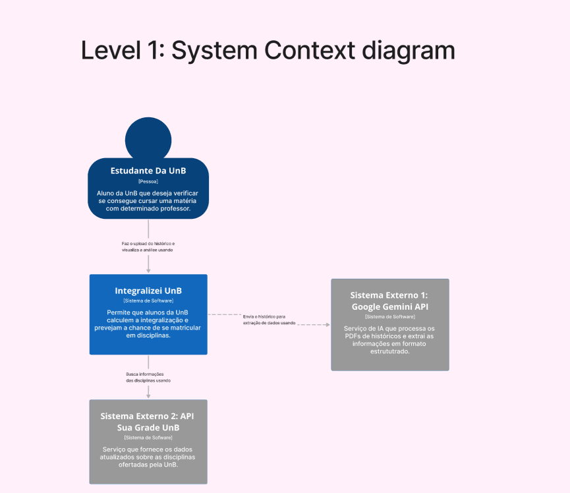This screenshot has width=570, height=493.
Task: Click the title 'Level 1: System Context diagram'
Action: (x=268, y=51)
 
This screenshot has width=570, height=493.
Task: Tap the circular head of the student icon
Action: (x=148, y=137)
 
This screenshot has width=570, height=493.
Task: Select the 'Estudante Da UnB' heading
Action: (x=148, y=171)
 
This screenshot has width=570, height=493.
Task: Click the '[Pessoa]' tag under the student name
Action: (x=148, y=181)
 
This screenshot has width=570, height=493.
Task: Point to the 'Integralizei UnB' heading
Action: (x=148, y=291)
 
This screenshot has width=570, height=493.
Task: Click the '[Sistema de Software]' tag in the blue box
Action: (x=148, y=301)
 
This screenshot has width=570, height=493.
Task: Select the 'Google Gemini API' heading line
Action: (x=389, y=306)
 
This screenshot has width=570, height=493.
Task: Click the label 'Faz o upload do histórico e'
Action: (x=148, y=243)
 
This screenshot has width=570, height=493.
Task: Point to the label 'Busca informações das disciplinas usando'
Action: (x=148, y=378)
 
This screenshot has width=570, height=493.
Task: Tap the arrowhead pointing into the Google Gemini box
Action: (x=328, y=325)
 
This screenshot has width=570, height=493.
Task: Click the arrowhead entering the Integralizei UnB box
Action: (x=148, y=270)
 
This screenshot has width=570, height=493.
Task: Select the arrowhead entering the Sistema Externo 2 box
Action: (x=148, y=395)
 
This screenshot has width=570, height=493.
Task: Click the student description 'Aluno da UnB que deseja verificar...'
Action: (x=148, y=200)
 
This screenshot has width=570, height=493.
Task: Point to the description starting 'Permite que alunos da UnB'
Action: (x=148, y=324)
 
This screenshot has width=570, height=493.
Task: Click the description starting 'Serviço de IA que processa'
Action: (x=389, y=340)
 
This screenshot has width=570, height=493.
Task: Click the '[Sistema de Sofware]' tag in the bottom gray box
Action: (x=148, y=438)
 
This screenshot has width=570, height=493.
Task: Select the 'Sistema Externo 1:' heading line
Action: (x=389, y=295)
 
